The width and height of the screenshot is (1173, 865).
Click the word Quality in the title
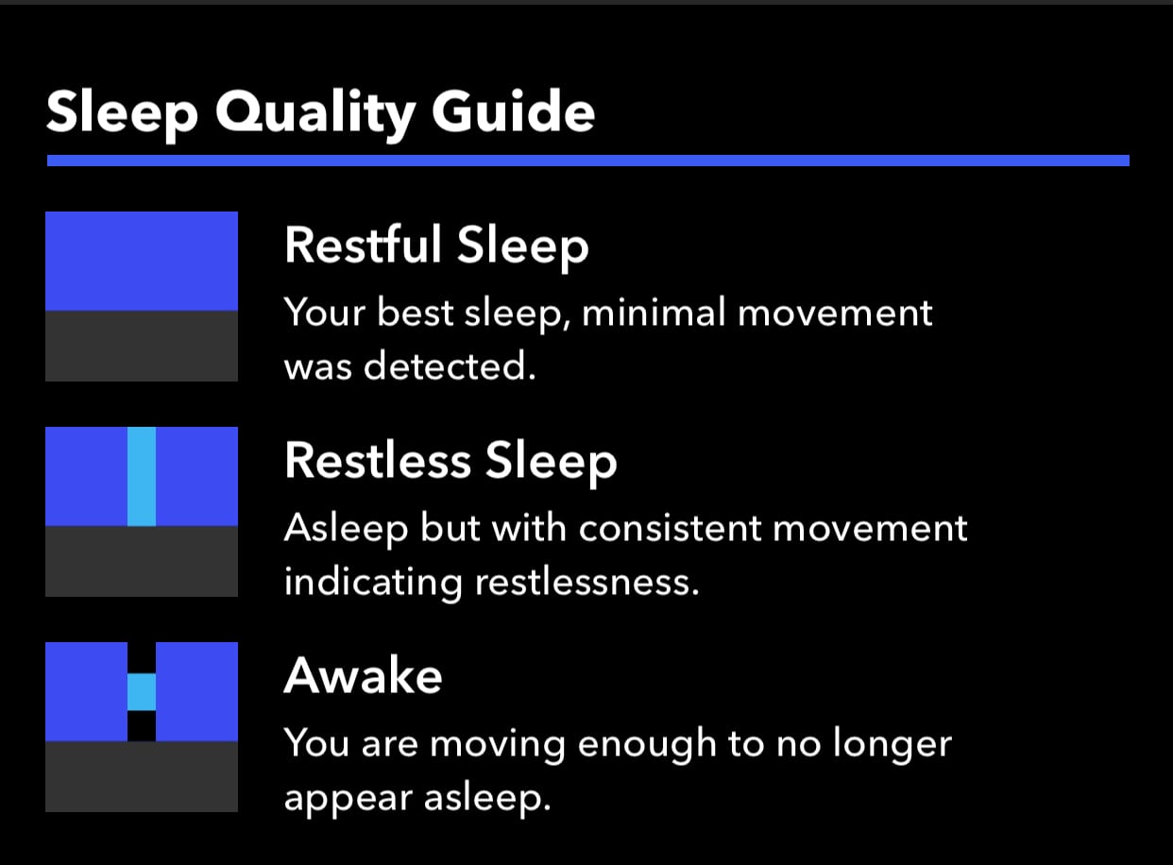tap(315, 114)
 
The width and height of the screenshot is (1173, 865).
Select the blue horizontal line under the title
tap(588, 161)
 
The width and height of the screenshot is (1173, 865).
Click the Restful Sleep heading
tap(436, 246)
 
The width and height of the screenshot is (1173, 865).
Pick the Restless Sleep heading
tap(450, 461)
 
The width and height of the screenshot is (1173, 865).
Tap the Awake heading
tap(363, 675)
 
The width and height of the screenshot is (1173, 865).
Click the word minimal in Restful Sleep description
tap(653, 312)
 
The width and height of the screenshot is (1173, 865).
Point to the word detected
tap(450, 365)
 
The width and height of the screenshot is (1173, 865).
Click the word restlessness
tap(587, 582)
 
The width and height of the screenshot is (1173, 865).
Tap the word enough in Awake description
tap(647, 746)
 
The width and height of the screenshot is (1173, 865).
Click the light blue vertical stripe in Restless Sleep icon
tap(142, 477)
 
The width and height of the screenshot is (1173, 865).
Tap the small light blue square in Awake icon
tap(142, 691)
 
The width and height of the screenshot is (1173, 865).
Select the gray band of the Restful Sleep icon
tap(142, 347)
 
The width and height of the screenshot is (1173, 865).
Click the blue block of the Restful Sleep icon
tap(142, 262)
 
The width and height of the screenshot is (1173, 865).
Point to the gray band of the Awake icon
tap(142, 776)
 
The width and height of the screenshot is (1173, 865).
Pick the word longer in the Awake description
tap(892, 746)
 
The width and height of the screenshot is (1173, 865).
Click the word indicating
tap(373, 583)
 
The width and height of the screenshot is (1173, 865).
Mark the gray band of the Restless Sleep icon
tap(142, 561)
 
